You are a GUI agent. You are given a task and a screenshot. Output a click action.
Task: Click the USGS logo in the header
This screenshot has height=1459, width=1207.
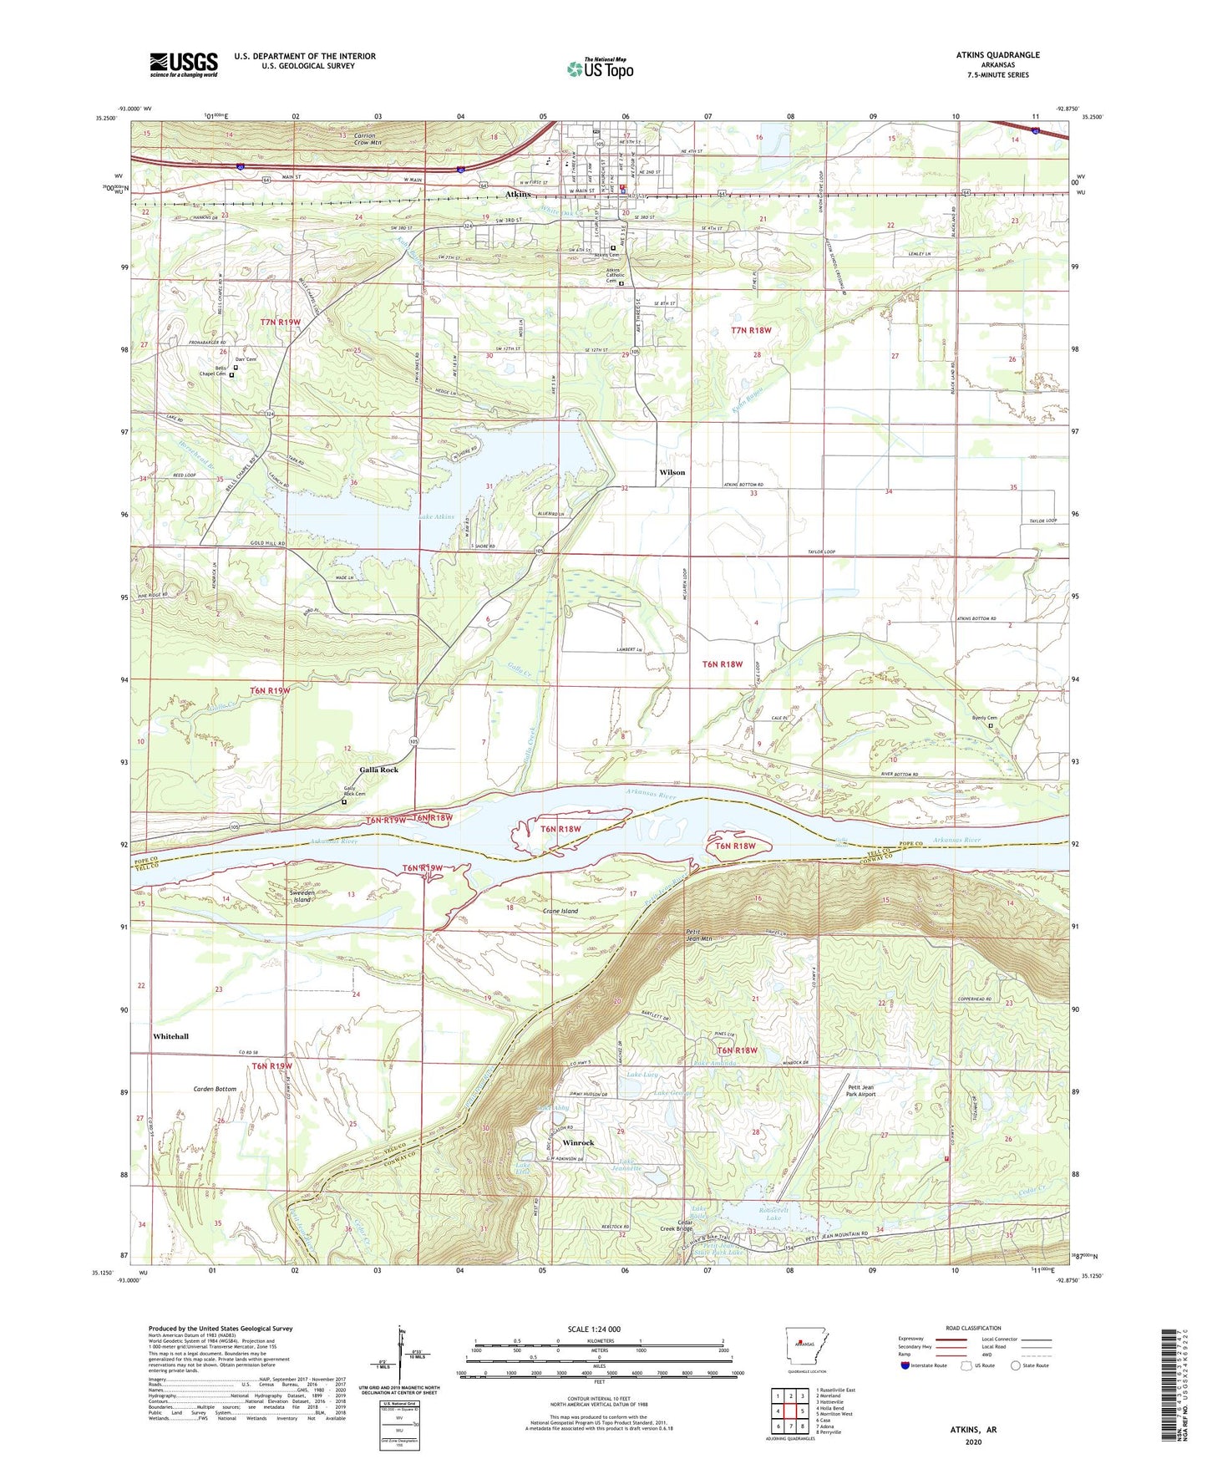point(183,64)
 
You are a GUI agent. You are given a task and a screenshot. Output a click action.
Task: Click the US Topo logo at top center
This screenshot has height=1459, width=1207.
point(600,69)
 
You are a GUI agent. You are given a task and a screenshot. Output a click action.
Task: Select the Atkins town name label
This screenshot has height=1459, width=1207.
point(518,195)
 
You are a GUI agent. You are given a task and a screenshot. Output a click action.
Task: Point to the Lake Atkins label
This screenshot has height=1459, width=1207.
point(436,517)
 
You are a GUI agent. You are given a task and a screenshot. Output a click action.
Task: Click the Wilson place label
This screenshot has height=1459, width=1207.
point(672,472)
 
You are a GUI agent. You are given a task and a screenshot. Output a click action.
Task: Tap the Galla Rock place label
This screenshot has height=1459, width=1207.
point(378,770)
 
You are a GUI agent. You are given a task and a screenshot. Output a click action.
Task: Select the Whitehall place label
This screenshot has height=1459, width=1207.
point(170,1036)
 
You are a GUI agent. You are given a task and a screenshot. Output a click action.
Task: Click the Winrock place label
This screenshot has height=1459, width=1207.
point(578,1142)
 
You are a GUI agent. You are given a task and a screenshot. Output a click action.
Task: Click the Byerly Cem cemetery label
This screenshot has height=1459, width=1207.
point(985,718)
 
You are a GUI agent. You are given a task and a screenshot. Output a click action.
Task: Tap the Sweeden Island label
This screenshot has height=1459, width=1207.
point(301,896)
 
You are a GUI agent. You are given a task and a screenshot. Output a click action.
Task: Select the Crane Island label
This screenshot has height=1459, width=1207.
point(560,911)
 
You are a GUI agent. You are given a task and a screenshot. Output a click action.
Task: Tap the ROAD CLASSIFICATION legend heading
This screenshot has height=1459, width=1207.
point(973,1328)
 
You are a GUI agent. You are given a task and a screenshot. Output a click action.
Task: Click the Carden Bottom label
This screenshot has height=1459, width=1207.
point(215,1090)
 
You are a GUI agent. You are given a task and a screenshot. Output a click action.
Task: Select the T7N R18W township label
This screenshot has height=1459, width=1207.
point(751,330)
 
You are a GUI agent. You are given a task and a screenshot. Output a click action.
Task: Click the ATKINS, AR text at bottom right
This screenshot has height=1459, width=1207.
point(972,1430)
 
